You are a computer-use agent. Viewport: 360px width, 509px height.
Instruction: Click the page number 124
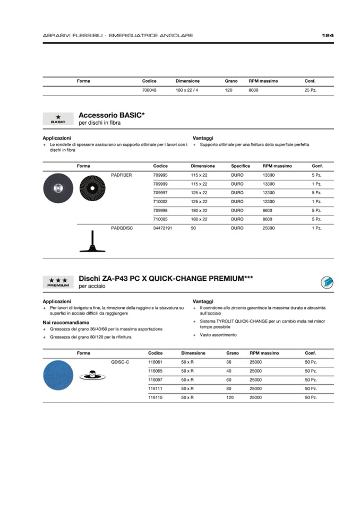[x=328, y=36]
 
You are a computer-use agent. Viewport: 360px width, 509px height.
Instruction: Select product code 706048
[x=149, y=91]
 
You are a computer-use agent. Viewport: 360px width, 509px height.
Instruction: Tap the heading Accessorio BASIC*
[x=112, y=115]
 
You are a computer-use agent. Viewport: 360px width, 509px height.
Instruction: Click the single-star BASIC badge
[x=58, y=118]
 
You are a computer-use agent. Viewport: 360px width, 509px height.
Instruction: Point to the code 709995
[x=160, y=175]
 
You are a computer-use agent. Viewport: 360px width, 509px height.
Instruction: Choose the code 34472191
[x=162, y=228]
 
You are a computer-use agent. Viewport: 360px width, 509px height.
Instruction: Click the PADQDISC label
[x=122, y=228]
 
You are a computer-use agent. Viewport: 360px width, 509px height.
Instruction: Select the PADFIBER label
[x=122, y=175]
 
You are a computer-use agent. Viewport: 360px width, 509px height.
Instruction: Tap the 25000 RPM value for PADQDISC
[x=269, y=228]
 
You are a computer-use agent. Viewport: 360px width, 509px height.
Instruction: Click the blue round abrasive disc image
[x=58, y=374]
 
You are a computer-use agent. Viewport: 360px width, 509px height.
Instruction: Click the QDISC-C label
[x=120, y=361]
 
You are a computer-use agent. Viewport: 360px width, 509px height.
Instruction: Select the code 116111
[x=155, y=389]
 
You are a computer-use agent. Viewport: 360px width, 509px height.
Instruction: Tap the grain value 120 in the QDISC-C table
[x=230, y=398]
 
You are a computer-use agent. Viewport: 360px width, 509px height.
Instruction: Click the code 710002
[x=160, y=201]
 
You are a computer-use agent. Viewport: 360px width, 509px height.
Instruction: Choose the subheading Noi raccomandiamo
[x=66, y=322]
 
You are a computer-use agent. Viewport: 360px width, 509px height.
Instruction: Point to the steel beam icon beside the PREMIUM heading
[x=327, y=282]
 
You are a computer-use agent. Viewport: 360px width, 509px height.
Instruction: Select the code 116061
[x=155, y=361]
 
